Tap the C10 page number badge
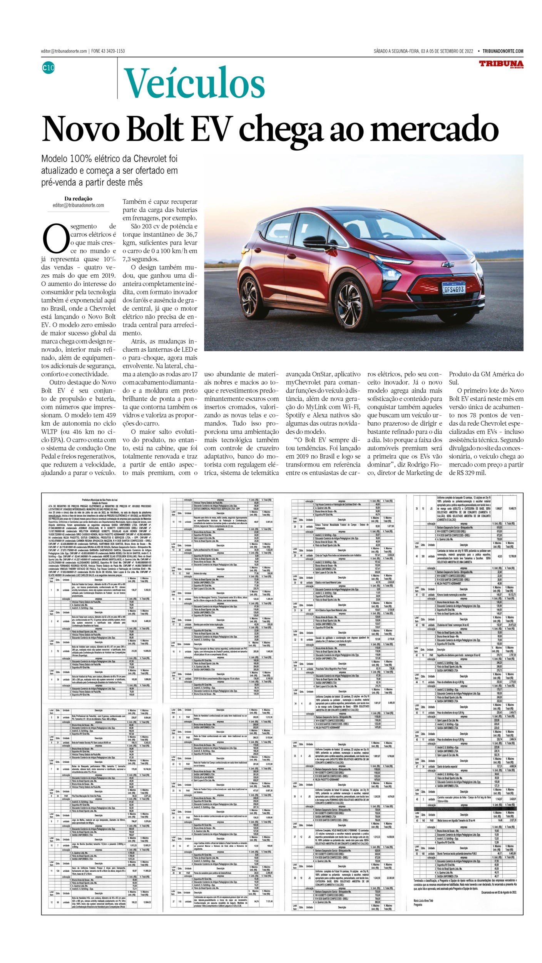pyautogui.click(x=49, y=68)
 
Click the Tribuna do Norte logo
pyautogui.click(x=501, y=64)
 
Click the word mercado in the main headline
pyautogui.click(x=434, y=129)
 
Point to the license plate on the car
pyautogui.click(x=454, y=289)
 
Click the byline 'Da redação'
pyautogui.click(x=78, y=198)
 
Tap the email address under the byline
pyautogui.click(x=78, y=205)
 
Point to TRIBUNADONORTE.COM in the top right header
pyautogui.click(x=503, y=51)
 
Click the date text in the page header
pyautogui.click(x=423, y=51)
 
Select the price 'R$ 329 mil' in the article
pyautogui.click(x=470, y=473)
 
